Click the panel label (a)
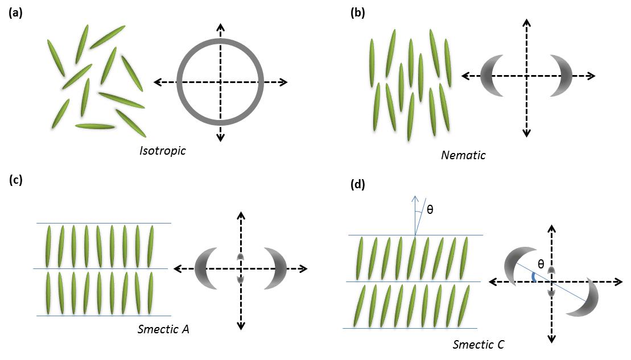pyautogui.click(x=15, y=13)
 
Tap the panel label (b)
pyautogui.click(x=357, y=13)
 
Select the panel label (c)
pyautogui.click(x=15, y=181)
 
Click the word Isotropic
pyautogui.click(x=163, y=151)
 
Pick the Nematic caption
pyautogui.click(x=463, y=154)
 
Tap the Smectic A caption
pyautogui.click(x=163, y=329)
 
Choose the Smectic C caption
pyautogui.click(x=478, y=344)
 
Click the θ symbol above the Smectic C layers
pyautogui.click(x=430, y=209)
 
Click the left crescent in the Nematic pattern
pyautogui.click(x=489, y=76)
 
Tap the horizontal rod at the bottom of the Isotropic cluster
pyautogui.click(x=94, y=126)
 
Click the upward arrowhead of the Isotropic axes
pyautogui.click(x=220, y=28)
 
